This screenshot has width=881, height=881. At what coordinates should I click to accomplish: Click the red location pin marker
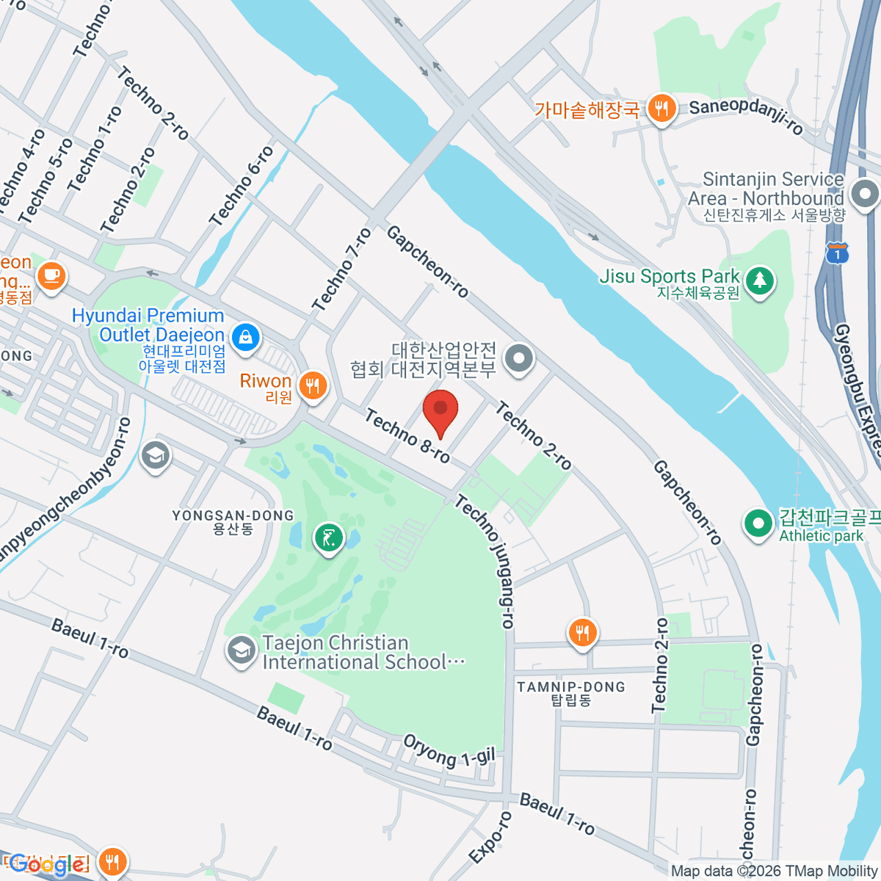coord(440,411)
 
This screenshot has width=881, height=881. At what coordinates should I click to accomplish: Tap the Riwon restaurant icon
coord(313,384)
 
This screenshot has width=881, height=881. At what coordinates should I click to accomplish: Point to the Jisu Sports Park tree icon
coord(760,280)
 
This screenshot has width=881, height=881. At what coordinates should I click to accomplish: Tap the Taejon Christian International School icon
coord(241,651)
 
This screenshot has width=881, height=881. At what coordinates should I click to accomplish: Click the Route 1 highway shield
coord(837,253)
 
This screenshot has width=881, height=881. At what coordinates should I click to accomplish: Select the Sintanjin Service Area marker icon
coord(865,195)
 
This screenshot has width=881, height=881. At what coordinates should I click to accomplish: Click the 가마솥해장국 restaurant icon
coord(661,109)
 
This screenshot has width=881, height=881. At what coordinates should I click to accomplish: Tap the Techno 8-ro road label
coord(407,436)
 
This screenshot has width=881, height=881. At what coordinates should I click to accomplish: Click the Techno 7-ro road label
coord(341,269)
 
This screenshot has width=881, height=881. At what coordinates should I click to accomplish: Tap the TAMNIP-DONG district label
coord(571,687)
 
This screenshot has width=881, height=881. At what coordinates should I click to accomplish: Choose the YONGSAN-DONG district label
coord(233,516)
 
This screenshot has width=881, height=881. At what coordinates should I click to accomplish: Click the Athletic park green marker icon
coord(758,523)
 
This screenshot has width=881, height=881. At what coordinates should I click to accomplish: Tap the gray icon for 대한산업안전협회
coord(521,359)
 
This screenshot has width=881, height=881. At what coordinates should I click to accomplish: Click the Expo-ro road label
coord(490,837)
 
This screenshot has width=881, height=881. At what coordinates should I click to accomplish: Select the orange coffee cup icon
coord(51,276)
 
